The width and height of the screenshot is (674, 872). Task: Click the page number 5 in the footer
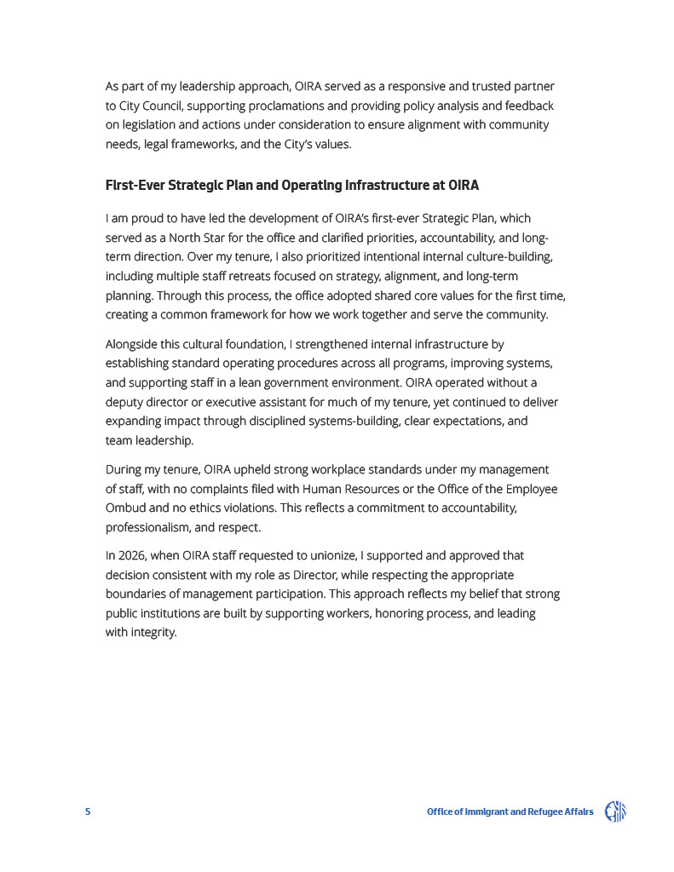point(88,812)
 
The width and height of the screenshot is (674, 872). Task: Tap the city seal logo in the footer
point(615,812)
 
